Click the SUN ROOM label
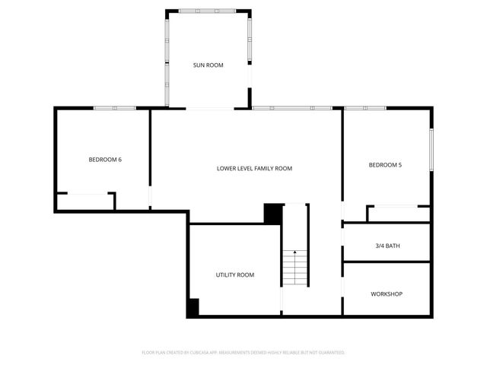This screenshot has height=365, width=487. [x=208, y=65]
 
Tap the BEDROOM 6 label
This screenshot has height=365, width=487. [x=105, y=159]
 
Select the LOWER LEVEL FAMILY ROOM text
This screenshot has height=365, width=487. [x=254, y=168]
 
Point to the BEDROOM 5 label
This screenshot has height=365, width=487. [x=385, y=165]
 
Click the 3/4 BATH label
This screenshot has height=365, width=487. [x=387, y=246]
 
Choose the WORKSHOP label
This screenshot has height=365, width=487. [x=387, y=294]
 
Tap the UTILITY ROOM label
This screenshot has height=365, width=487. [x=235, y=275]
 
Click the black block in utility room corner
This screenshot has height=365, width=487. [x=193, y=307]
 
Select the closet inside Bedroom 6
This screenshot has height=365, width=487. [x=85, y=202]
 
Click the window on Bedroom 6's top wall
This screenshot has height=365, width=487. [x=114, y=108]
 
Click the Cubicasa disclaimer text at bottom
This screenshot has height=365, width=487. [x=243, y=353]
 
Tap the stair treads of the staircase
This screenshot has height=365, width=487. [x=295, y=268]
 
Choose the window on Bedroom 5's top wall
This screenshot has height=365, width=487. [x=365, y=108]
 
